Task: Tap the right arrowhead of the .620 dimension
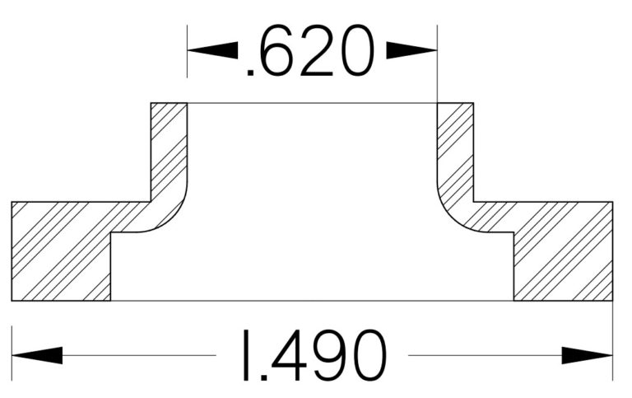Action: tap(411, 50)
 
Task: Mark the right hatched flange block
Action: tap(565, 251)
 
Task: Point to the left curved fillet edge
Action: tap(175, 216)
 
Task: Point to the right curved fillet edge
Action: tap(448, 216)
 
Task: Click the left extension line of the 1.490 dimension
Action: tap(12, 346)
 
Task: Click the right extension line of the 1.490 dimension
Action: tap(613, 346)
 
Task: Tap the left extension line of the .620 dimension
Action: tap(188, 58)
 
